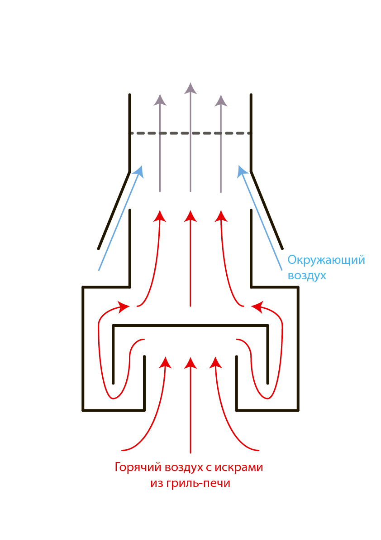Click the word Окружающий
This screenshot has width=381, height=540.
(326, 260)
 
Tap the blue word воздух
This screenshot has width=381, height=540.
(307, 276)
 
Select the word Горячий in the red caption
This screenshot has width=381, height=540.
(138, 467)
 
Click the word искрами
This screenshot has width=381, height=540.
(239, 467)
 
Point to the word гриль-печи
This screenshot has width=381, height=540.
(198, 483)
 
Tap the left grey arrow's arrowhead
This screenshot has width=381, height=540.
(160, 100)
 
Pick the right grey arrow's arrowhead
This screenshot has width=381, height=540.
(221, 101)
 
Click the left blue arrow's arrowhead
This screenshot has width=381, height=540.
(139, 171)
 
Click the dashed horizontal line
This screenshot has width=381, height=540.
(190, 133)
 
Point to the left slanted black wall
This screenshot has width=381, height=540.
(114, 210)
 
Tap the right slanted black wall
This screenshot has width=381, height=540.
(267, 210)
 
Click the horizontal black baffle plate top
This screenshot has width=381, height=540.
(190, 325)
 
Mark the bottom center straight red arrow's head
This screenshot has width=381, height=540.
(190, 363)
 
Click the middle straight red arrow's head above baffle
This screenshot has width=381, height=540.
(190, 216)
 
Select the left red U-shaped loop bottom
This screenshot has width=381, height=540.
(113, 399)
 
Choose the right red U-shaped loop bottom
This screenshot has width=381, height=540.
(267, 399)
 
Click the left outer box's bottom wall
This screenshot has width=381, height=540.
(114, 410)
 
